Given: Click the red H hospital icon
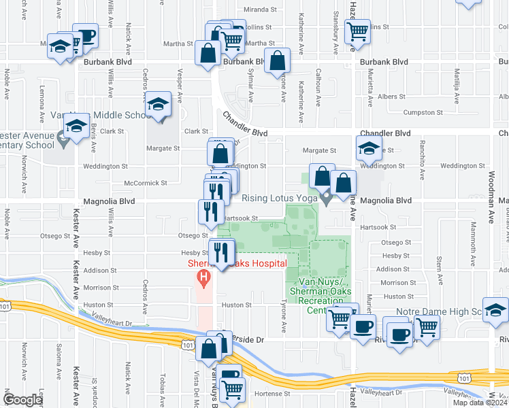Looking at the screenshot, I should pyautogui.click(x=202, y=277).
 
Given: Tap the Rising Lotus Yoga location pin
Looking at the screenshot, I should pyautogui.click(x=327, y=199).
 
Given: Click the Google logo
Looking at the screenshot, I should pyautogui.click(x=22, y=399).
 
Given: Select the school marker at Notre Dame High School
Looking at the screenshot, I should pyautogui.click(x=495, y=310).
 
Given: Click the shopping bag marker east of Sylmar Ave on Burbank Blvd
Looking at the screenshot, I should pyautogui.click(x=277, y=61).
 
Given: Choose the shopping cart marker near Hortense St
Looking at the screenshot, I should pyautogui.click(x=232, y=390).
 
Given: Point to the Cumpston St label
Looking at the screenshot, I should pyautogui.click(x=423, y=112).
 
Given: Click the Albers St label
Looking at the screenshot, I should pyautogui.click(x=392, y=97).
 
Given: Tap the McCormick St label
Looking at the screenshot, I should pyautogui.click(x=146, y=183).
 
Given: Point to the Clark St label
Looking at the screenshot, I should pyautogui.click(x=195, y=131).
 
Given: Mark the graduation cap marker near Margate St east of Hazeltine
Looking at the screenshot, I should pyautogui.click(x=368, y=148).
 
